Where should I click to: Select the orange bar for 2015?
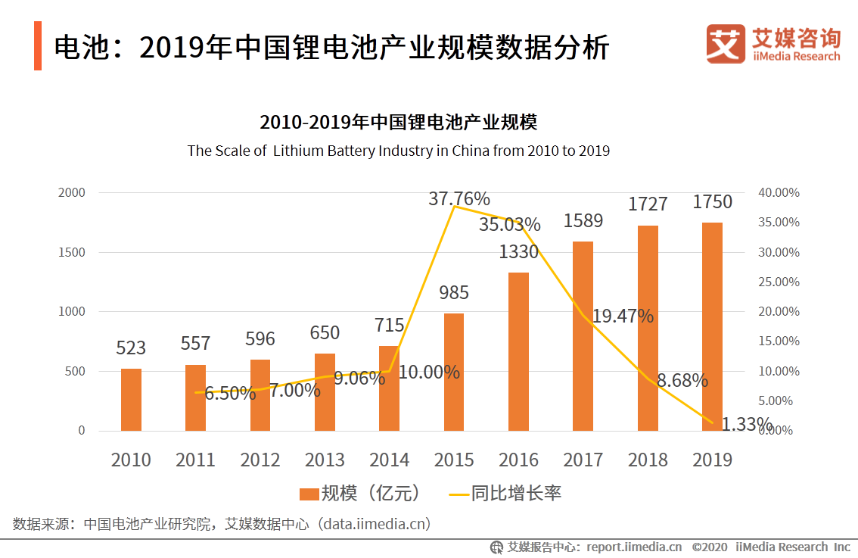454,372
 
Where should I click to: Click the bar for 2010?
131,400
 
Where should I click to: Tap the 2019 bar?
712,326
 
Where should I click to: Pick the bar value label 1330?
518,252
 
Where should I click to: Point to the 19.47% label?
622,316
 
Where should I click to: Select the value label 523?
131,348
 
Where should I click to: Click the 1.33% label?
746,424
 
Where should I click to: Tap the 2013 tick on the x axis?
325,460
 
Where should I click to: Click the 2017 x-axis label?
583,460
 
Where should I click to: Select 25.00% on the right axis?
779,282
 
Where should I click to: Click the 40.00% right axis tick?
779,192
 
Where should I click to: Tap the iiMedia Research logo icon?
725,44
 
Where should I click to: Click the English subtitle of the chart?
398,151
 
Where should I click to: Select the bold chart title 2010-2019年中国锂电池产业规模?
398,123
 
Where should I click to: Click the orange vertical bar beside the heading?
38,46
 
